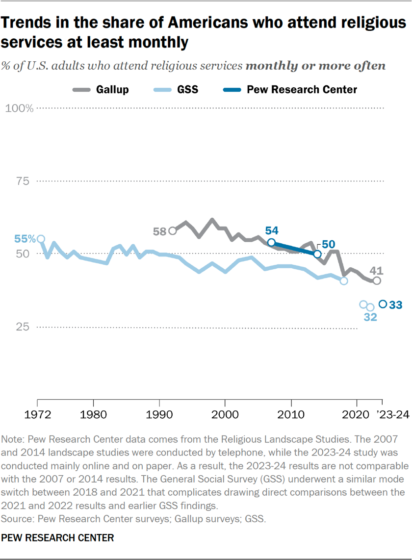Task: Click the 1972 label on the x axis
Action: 38,414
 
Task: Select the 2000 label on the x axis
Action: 225,414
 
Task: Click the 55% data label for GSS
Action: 24,239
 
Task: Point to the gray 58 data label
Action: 160,231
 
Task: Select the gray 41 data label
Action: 376,270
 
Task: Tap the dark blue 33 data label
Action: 396,305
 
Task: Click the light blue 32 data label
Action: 370,318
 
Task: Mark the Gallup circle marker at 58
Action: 172,230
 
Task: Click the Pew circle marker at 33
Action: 383,305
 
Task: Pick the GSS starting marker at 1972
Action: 41,239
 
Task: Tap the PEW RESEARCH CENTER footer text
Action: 58,538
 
